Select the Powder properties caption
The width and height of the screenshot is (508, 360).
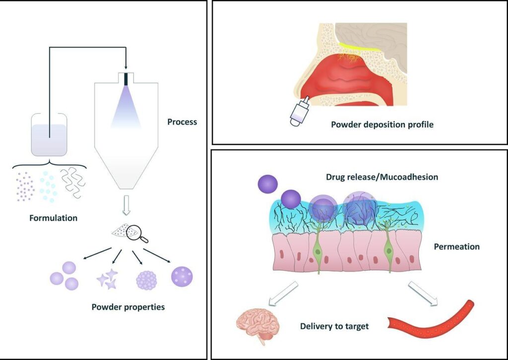128,307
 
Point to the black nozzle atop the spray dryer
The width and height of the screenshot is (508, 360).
126,78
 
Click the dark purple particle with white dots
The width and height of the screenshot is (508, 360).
182,277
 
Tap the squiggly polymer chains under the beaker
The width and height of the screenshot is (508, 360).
71,183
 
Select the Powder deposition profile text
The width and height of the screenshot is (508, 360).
382,124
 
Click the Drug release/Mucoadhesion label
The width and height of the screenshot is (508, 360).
381,177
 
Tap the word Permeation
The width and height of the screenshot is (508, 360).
456,246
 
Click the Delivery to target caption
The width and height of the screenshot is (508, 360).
335,326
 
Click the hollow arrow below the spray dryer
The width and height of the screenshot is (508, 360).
126,205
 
